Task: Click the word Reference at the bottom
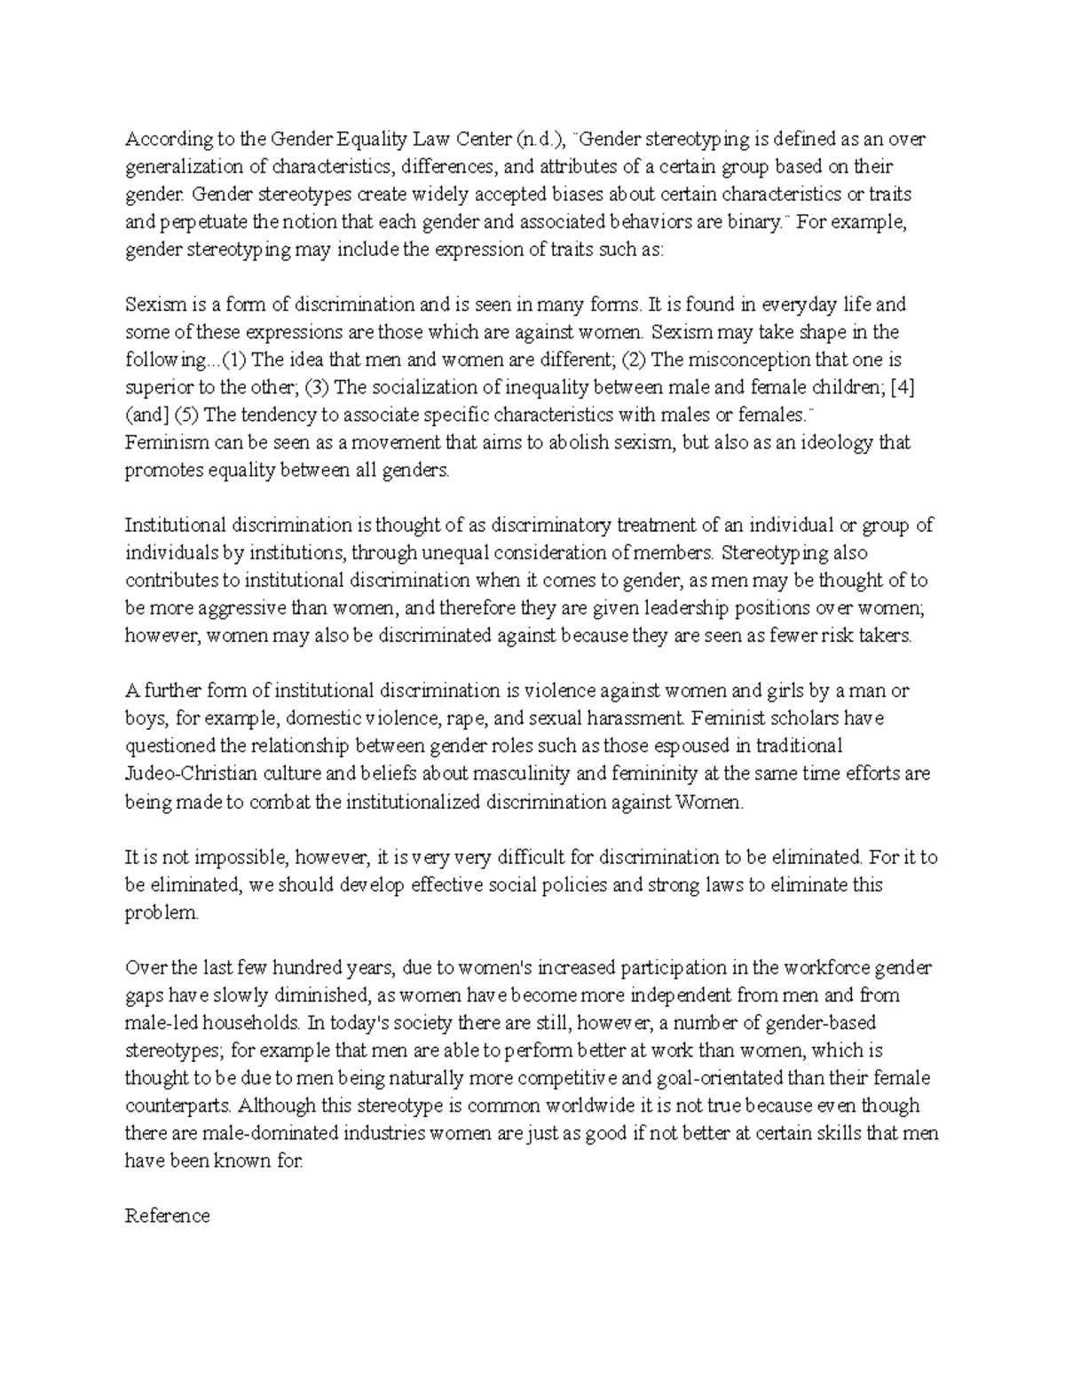pyautogui.click(x=167, y=1216)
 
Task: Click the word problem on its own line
pyautogui.click(x=162, y=913)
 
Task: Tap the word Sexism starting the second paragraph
pyautogui.click(x=156, y=305)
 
